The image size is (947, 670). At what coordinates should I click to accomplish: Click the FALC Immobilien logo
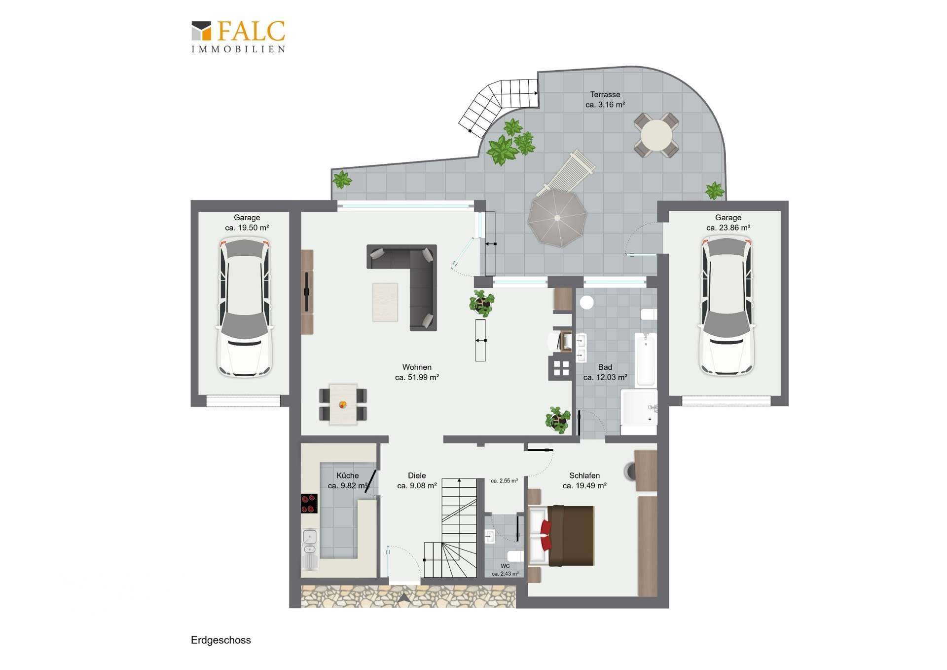238,36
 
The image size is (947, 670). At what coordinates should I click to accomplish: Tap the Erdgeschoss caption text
221,640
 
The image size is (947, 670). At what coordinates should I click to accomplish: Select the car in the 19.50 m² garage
245,307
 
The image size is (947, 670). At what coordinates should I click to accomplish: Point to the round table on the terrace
656,135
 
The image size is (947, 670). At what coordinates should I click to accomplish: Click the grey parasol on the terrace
557,218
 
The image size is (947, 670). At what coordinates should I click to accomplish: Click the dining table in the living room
343,404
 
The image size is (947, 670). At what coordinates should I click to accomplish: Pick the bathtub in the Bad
645,359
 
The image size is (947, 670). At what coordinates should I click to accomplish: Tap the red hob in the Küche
309,504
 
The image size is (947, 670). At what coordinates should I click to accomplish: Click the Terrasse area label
605,99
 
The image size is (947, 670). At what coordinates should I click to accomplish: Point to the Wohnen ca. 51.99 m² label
417,372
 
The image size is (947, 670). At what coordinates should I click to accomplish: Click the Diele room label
417,475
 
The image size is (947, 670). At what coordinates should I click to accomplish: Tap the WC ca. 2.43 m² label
505,570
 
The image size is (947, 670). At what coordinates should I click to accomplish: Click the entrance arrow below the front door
403,598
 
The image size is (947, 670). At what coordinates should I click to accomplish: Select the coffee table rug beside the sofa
385,302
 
